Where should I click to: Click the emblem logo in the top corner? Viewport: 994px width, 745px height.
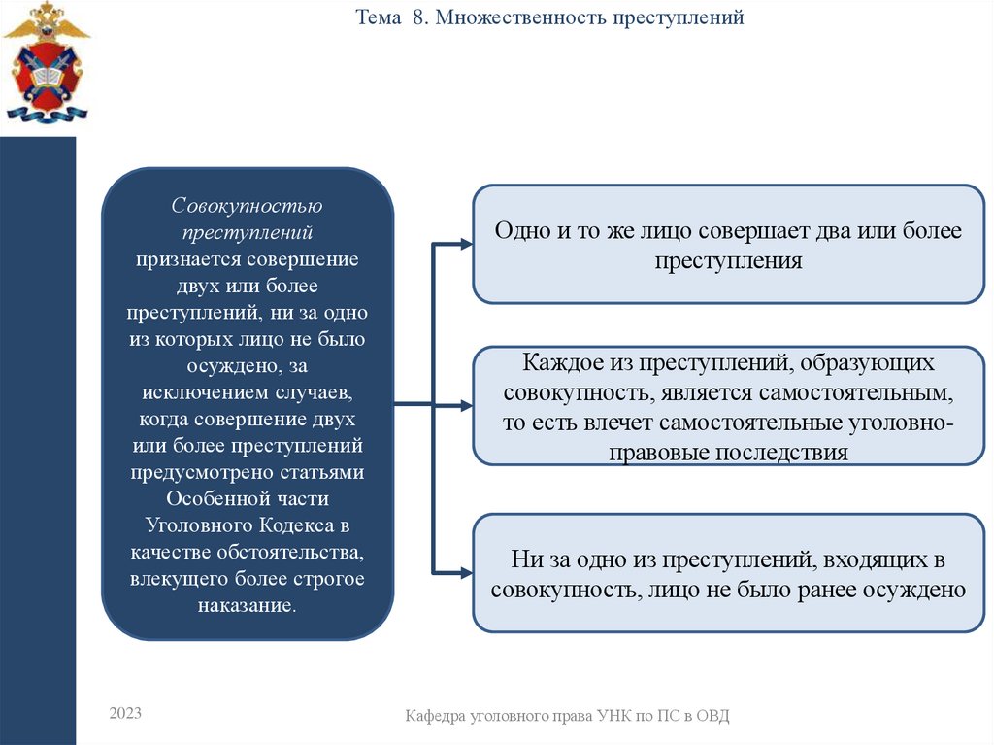pyautogui.click(x=45, y=62)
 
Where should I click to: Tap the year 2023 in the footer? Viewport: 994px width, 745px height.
pyautogui.click(x=125, y=713)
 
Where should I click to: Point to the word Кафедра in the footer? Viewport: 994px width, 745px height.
pyautogui.click(x=437, y=716)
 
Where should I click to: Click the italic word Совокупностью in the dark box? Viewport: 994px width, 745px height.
pyautogui.click(x=248, y=207)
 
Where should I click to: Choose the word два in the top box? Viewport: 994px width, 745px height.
pyautogui.click(x=812, y=233)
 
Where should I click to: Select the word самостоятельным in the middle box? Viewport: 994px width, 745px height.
pyautogui.click(x=852, y=394)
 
